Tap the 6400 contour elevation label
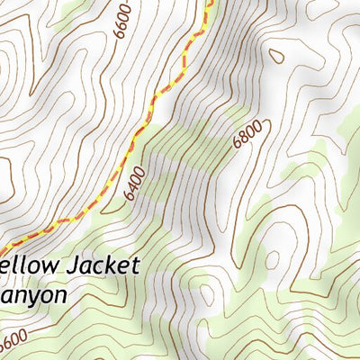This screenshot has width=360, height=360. click(135, 183)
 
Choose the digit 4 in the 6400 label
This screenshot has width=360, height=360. click(135, 187)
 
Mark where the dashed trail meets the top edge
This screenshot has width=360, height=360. click(212, 2)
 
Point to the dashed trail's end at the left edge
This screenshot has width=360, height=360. click(2, 249)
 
